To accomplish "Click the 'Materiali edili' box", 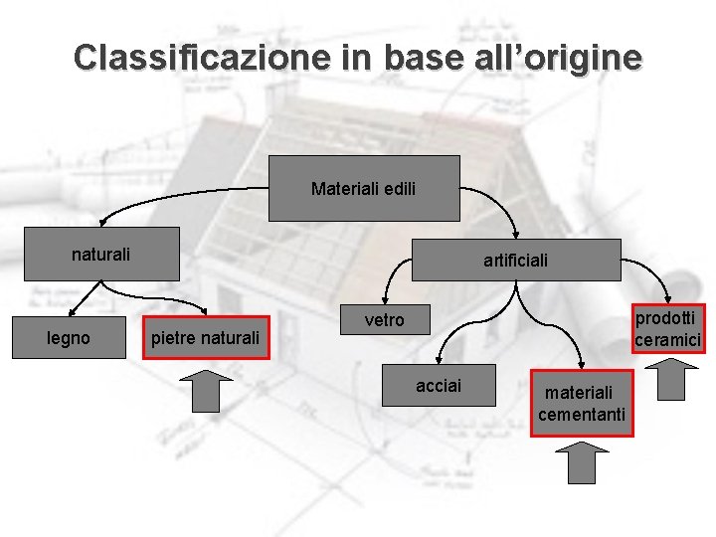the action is (x=364, y=188).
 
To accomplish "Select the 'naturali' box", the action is (x=100, y=255).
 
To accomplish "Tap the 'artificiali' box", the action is (x=515, y=261).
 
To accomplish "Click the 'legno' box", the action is (x=68, y=339).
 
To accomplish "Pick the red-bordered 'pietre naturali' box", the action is (x=204, y=339).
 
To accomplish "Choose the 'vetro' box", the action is (x=385, y=320).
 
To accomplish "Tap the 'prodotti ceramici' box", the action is (x=668, y=328).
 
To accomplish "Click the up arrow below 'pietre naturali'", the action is (x=206, y=391).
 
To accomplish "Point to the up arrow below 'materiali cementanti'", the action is (x=582, y=463).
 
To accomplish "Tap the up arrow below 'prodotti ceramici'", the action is (x=671, y=379).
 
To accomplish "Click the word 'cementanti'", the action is (x=582, y=414).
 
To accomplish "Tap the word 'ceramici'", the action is (x=668, y=339).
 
